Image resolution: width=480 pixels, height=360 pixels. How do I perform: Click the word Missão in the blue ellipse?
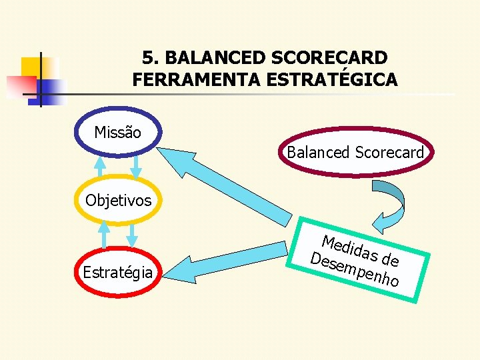pyautogui.click(x=117, y=133)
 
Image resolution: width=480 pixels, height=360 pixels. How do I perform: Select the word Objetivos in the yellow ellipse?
pyautogui.click(x=118, y=200)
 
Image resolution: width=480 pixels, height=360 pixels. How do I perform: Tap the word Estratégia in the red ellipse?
pyautogui.click(x=117, y=271)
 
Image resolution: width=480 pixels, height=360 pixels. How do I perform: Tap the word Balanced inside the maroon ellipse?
pyautogui.click(x=318, y=153)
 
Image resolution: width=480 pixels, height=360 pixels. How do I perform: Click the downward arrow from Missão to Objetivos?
pyautogui.click(x=137, y=167)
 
